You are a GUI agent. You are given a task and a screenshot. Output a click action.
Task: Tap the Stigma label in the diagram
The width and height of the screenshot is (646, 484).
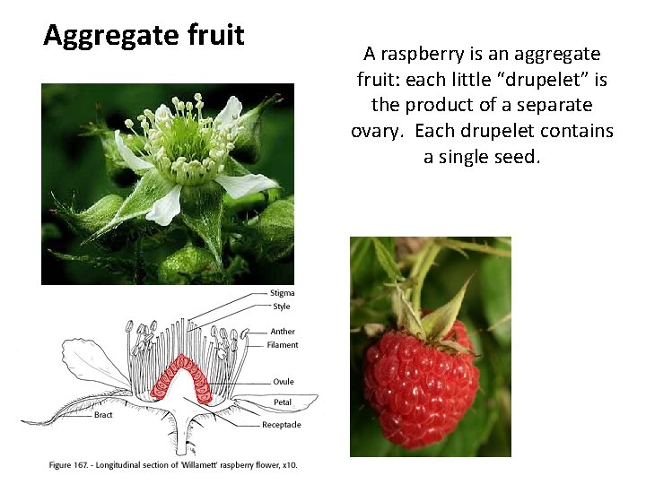282,293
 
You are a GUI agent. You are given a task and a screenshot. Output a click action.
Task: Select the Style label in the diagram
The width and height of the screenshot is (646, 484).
281,307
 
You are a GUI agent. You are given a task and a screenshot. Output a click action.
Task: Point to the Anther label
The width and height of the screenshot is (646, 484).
283,332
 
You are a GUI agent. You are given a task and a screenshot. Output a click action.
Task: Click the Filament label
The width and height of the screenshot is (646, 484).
283,345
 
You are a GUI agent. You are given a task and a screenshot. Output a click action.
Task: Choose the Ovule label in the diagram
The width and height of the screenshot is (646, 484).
284,382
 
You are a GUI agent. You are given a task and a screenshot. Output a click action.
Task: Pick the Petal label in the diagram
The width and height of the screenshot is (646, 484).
283,402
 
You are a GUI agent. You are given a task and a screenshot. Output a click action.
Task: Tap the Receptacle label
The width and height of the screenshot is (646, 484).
282,425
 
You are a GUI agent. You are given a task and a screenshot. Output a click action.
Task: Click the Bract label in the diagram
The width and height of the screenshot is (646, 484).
103,415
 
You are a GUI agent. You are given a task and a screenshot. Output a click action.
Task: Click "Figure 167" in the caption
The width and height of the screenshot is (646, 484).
74,464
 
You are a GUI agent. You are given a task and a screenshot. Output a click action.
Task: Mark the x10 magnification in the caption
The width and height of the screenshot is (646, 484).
288,464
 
